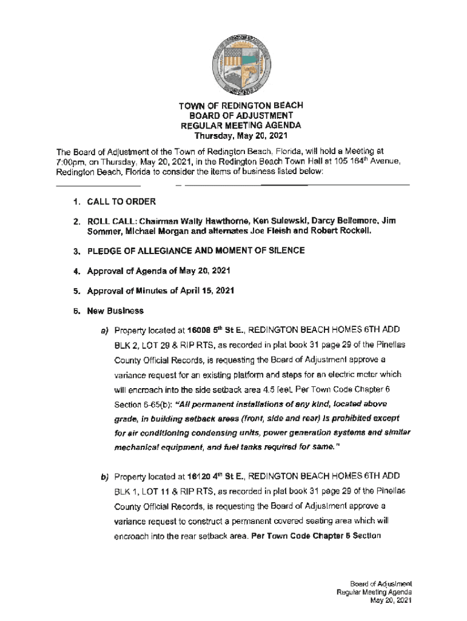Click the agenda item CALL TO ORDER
pyautogui.click(x=121, y=201)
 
